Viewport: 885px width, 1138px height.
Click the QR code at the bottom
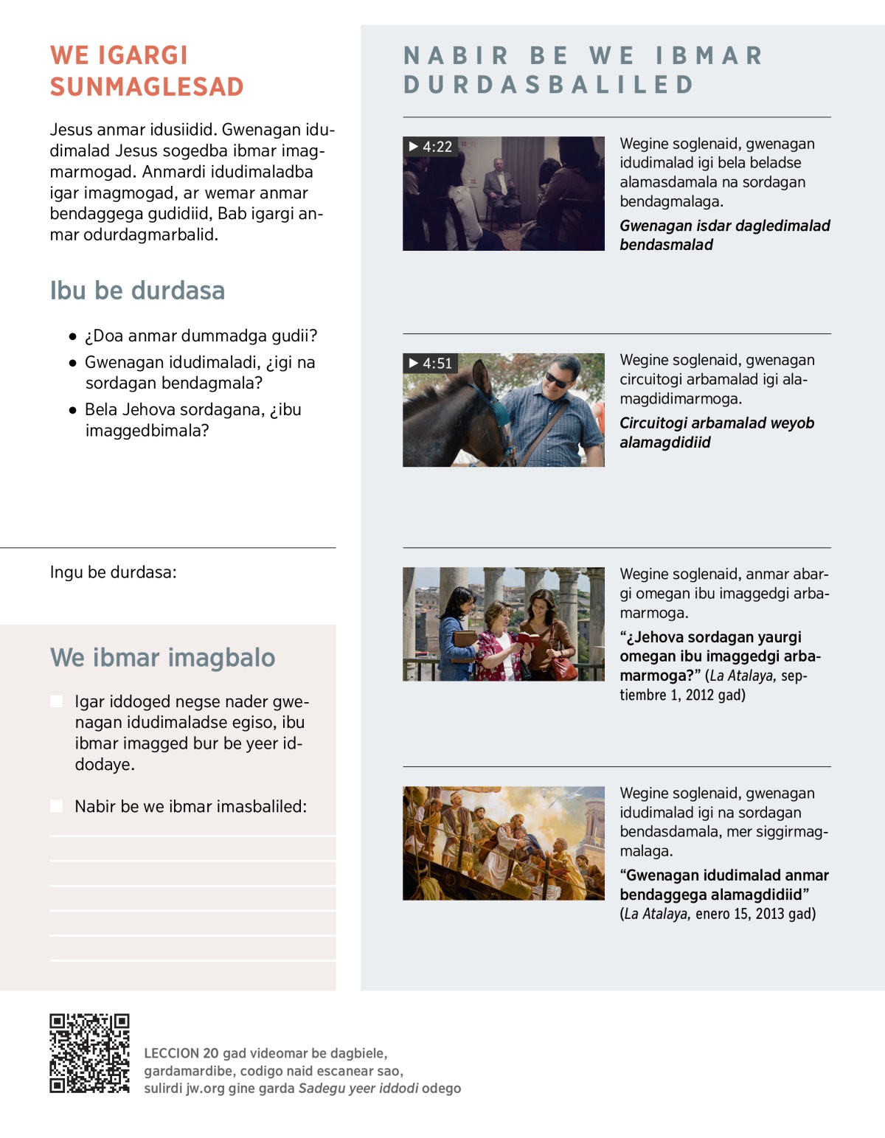coord(89,1053)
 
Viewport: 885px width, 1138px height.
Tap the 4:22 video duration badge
coord(431,147)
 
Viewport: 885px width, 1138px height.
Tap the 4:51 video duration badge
coord(431,363)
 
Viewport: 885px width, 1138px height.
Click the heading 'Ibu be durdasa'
coord(137,291)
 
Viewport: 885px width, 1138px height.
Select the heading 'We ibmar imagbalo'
coord(162,657)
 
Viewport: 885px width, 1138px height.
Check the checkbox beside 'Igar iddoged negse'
coord(57,701)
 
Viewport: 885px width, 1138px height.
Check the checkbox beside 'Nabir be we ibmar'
coord(57,806)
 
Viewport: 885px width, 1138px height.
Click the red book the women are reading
coord(528,639)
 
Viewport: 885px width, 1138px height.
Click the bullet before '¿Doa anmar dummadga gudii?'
coord(72,337)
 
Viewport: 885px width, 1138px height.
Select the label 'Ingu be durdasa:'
coord(113,572)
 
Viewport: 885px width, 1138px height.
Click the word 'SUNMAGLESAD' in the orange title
coord(147,87)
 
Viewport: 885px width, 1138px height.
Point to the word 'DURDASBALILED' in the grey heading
coord(549,85)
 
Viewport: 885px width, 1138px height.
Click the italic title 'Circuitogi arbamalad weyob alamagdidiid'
coord(716,432)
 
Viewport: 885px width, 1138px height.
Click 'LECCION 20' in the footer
coord(181,1053)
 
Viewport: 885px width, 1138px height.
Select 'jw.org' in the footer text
coord(205,1089)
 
